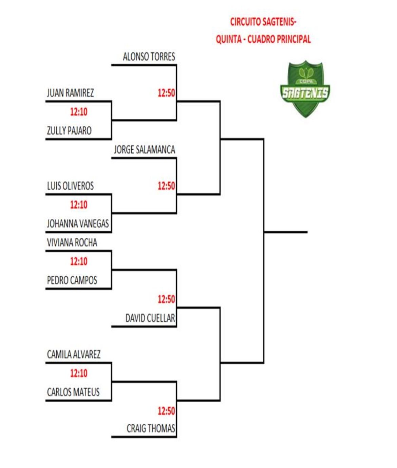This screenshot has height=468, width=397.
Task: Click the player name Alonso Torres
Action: tap(149, 57)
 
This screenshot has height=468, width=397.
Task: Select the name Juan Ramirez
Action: tap(70, 93)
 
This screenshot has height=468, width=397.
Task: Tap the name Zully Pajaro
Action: tap(69, 131)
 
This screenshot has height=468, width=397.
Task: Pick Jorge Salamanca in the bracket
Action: tap(144, 150)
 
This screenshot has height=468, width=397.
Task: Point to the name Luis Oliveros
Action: tap(70, 186)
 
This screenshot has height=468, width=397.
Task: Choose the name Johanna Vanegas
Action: tap(78, 224)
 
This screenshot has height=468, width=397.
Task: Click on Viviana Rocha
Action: tap(72, 242)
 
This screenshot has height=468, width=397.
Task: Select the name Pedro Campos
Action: tap(72, 280)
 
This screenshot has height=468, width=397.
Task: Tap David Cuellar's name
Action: tap(150, 318)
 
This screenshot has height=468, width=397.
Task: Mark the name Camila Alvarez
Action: tap(74, 355)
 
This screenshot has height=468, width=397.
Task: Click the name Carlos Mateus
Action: tap(73, 392)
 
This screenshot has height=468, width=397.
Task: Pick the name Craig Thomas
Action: tap(151, 429)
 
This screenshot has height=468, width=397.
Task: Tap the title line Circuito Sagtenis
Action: tap(263, 22)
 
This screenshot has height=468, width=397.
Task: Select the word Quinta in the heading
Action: tap(228, 39)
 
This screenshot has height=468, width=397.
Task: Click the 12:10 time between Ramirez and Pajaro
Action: tap(79, 112)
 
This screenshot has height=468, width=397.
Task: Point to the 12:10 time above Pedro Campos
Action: tap(79, 261)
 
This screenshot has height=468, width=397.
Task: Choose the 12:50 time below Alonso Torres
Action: tap(166, 93)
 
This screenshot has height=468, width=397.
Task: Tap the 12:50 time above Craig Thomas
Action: tap(166, 411)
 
